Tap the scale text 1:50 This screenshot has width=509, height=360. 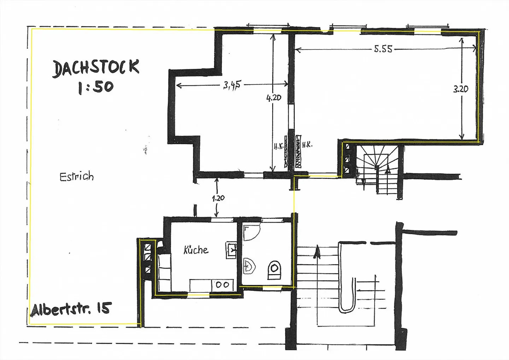(96, 87)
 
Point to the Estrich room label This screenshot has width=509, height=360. (77, 176)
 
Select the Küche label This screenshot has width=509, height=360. (196, 250)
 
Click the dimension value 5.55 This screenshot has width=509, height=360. (383, 49)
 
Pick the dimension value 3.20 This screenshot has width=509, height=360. (461, 89)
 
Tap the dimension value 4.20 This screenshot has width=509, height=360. (274, 98)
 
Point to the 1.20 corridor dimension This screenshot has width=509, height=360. (218, 198)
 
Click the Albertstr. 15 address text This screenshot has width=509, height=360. (71, 309)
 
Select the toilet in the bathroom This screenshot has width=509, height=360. (275, 270)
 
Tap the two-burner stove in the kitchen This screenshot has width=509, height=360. (222, 285)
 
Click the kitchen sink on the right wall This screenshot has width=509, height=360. (231, 250)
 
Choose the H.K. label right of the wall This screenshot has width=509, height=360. (307, 145)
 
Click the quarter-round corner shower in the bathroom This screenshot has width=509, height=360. (251, 233)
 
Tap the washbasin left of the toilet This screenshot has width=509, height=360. (250, 266)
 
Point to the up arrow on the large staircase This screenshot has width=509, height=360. (317, 252)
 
